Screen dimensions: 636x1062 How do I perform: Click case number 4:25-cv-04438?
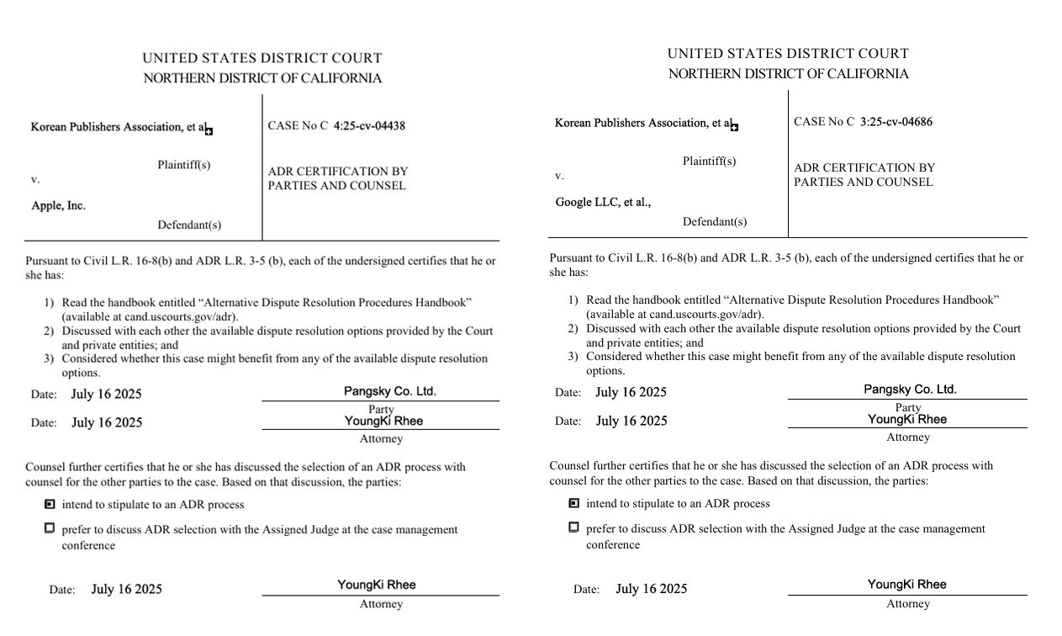pos(369,126)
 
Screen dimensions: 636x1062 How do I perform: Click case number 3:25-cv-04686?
pos(896,122)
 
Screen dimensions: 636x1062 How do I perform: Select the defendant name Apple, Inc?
pos(58,205)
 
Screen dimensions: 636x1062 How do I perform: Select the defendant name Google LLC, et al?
pos(603,202)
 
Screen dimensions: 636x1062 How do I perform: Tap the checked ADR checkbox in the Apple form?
pos(50,505)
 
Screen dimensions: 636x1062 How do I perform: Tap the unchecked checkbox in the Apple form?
pos(50,528)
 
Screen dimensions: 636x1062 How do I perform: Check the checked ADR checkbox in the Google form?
pos(574,503)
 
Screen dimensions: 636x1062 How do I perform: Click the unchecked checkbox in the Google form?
pos(574,527)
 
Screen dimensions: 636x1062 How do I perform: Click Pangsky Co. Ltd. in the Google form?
pos(910,390)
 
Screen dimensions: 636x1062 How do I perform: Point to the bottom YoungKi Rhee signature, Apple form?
pos(377,585)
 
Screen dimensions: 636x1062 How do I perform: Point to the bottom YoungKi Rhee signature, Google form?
pos(906,584)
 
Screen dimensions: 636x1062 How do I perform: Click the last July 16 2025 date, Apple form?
pos(126,590)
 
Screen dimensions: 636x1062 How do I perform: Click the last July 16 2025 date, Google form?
pos(651,589)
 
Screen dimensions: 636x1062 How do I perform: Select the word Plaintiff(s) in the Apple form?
pos(184,165)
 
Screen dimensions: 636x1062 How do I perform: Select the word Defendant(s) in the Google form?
pos(714,222)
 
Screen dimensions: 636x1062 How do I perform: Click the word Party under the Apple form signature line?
pos(381,410)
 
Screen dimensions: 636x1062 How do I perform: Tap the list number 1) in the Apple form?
pos(49,303)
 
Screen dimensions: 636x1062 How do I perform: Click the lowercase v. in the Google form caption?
pos(559,176)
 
